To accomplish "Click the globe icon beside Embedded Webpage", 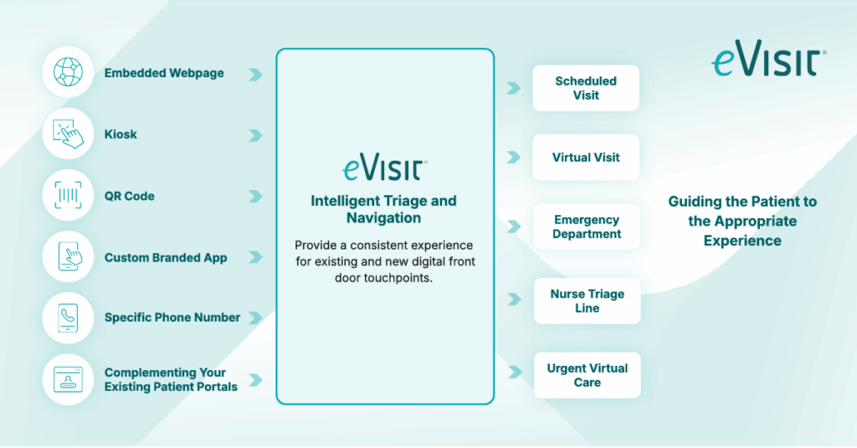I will [67, 73].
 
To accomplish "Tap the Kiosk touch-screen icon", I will [67, 134].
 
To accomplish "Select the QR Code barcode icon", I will [67, 196].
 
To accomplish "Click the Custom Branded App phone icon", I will [67, 257].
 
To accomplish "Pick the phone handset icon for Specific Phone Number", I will [67, 318].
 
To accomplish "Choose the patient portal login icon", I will [67, 379].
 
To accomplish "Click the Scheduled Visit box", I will [586, 88].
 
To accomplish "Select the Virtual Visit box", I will [586, 157].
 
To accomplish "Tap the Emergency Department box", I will [586, 227].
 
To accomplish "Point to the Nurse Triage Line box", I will [587, 301].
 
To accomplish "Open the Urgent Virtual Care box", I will [587, 374].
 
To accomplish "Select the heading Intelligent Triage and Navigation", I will [384, 209].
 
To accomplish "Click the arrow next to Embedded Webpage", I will [255, 75].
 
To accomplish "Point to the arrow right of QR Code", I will [255, 197].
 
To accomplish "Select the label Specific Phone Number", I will [172, 317].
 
